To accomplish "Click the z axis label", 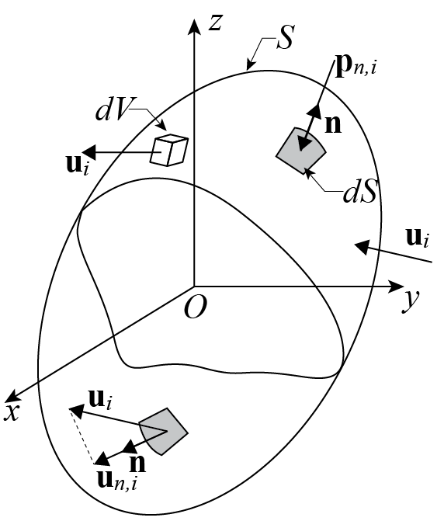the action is (x=216, y=23).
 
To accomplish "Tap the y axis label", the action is (x=411, y=300).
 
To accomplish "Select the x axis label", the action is (x=12, y=412).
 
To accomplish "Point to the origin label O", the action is (x=196, y=307).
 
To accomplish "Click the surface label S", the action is (x=286, y=37).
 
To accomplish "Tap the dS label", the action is (x=361, y=191).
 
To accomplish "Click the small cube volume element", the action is (x=169, y=150).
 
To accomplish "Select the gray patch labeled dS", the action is (x=301, y=151).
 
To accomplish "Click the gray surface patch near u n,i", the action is (x=164, y=431).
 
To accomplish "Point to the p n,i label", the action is (x=356, y=68).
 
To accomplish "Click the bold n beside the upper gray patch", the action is (x=333, y=124).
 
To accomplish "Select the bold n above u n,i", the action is (x=137, y=464).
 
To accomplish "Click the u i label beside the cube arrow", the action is (x=78, y=165).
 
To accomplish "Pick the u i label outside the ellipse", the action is (x=418, y=238).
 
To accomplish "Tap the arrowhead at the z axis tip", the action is (x=194, y=26).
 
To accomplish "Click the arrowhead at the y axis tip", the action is (x=396, y=287).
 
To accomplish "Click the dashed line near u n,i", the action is (x=82, y=436).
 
